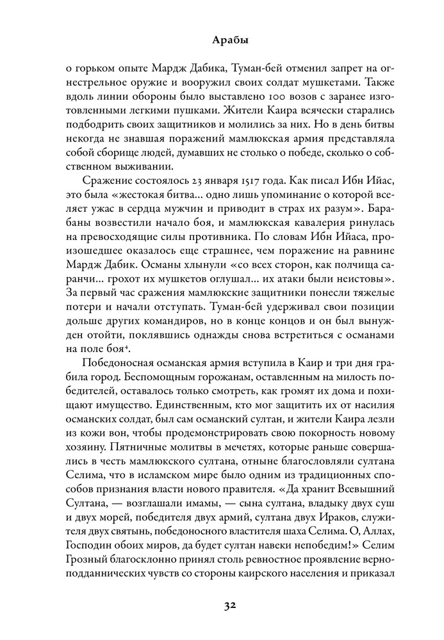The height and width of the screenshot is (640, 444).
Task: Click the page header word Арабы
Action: [x=221, y=40]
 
